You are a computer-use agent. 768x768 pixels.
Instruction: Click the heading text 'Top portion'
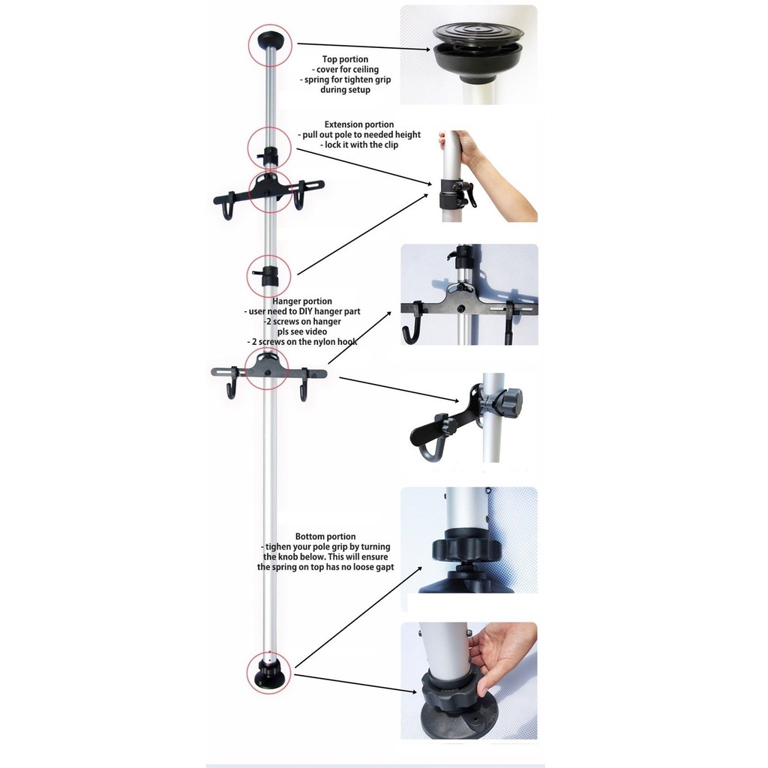point(345,59)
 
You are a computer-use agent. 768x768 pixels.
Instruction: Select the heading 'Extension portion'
point(359,124)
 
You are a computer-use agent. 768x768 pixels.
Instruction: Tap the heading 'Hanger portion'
point(302,301)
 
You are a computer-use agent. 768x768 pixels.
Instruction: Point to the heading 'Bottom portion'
point(325,536)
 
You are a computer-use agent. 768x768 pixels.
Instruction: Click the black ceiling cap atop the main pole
point(270,40)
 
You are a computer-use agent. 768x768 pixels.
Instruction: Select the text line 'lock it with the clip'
point(359,145)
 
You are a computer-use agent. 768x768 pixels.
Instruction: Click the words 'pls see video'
point(302,331)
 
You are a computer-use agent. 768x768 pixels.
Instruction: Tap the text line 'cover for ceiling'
point(345,70)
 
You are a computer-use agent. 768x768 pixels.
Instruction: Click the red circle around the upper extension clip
point(269,149)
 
